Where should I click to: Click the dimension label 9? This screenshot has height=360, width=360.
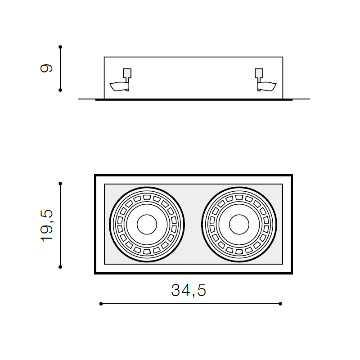[x=46, y=68]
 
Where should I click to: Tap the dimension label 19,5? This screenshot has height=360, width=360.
[x=47, y=226]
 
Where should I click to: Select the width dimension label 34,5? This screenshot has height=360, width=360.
[x=189, y=290]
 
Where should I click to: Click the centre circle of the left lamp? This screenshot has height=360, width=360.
[x=147, y=225]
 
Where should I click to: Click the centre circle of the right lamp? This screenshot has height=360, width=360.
[x=239, y=225]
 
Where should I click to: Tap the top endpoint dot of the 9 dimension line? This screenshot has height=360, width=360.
[x=60, y=47]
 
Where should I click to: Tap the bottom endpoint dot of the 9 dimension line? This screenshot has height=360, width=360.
[x=60, y=90]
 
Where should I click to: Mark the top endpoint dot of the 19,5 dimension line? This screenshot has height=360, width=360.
[x=60, y=184]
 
